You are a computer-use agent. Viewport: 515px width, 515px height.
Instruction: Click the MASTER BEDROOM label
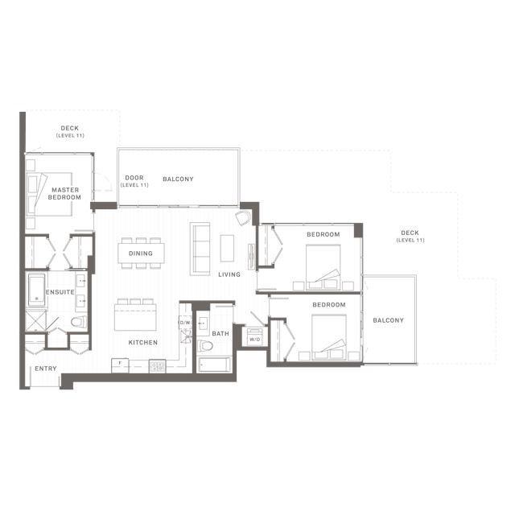point(64,193)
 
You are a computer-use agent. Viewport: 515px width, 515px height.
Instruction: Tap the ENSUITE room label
point(60,292)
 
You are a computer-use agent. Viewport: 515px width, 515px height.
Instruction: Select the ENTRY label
point(45,369)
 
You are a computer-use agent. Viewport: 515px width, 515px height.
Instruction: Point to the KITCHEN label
point(143,343)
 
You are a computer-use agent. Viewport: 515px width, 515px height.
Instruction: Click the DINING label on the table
point(141,253)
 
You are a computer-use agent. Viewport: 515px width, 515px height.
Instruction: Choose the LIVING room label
point(229,274)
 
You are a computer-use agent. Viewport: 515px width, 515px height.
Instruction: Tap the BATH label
point(220,333)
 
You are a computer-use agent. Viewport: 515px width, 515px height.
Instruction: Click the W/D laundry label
point(254,340)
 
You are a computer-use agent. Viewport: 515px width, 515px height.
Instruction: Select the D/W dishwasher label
point(184,323)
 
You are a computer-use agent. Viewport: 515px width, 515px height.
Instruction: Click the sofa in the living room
point(200,248)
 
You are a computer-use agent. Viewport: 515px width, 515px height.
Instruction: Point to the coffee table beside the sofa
point(227,247)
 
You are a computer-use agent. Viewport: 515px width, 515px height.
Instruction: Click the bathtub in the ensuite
point(35,290)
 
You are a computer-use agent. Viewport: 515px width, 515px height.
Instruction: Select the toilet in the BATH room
point(205,346)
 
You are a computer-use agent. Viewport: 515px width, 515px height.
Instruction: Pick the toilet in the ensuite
point(77,323)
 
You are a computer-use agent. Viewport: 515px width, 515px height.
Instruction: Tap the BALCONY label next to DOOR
point(178,179)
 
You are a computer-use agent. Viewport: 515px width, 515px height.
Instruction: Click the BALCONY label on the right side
point(388,320)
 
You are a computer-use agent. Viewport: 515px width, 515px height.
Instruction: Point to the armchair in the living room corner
point(243,218)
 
